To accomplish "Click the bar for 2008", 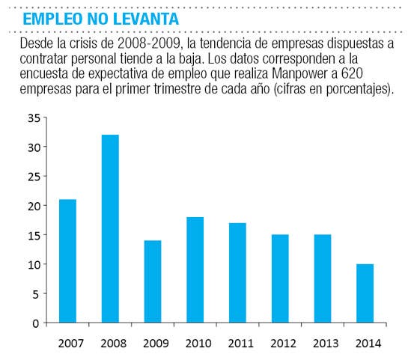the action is coord(110,228).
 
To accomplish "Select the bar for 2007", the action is coord(67,261).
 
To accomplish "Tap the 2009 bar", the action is coord(153,281).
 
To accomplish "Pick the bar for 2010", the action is coord(195,269).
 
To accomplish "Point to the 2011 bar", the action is coord(237,273).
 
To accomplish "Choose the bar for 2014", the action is coord(365,293).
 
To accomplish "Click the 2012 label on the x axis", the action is coord(283,344).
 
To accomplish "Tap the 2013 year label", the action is coord(326,344).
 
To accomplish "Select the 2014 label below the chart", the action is coord(368,344).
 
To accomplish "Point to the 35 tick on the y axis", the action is coord(34,118).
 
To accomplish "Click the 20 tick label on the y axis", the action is coord(34,207).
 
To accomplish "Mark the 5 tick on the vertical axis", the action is coord(36,294).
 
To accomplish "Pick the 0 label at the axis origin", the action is coord(36,323).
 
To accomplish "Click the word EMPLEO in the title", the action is coord(52,19).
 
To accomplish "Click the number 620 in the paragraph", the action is coord(352,73).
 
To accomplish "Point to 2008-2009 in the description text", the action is coord(148,43).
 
